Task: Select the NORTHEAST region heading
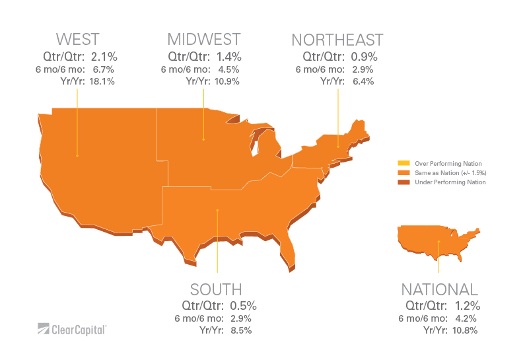pyautogui.click(x=337, y=40)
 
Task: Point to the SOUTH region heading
pyautogui.click(x=216, y=289)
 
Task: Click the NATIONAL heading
pyautogui.click(x=439, y=289)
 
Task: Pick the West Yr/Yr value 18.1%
pyautogui.click(x=102, y=82)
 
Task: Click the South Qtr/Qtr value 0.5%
pyautogui.click(x=242, y=306)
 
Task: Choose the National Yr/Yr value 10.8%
pyautogui.click(x=464, y=330)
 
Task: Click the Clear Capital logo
pyautogui.click(x=73, y=328)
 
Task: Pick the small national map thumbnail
pyautogui.click(x=436, y=241)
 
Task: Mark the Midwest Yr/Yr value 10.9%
pyautogui.click(x=227, y=82)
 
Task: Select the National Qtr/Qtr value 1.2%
pyautogui.click(x=466, y=306)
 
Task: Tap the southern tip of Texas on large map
pyautogui.click(x=192, y=258)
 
